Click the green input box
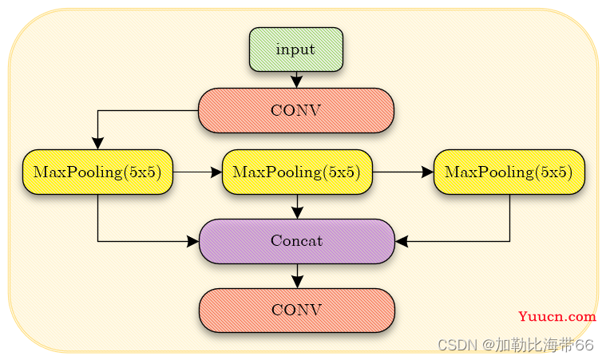pyautogui.click(x=296, y=49)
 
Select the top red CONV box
pyautogui.click(x=296, y=110)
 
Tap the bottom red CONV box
pyautogui.click(x=297, y=311)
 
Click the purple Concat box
pyautogui.click(x=297, y=241)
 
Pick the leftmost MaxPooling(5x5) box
pyautogui.click(x=97, y=172)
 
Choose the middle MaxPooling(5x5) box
pyautogui.click(x=297, y=172)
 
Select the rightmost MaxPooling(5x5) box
pyautogui.click(x=509, y=172)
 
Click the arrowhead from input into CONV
pyautogui.click(x=296, y=82)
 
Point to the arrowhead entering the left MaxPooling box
pyautogui.click(x=97, y=144)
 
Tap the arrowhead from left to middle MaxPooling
pyautogui.click(x=216, y=172)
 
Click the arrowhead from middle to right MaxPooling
pyautogui.click(x=428, y=172)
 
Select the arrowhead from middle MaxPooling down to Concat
pyautogui.click(x=297, y=213)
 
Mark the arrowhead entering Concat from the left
pyautogui.click(x=193, y=241)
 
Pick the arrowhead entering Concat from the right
pyautogui.click(x=401, y=241)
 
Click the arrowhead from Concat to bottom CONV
pyautogui.click(x=297, y=282)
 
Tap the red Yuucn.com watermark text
pyautogui.click(x=557, y=316)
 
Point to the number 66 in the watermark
pyautogui.click(x=584, y=344)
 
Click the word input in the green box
pyautogui.click(x=295, y=49)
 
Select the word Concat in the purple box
pyautogui.click(x=297, y=240)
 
